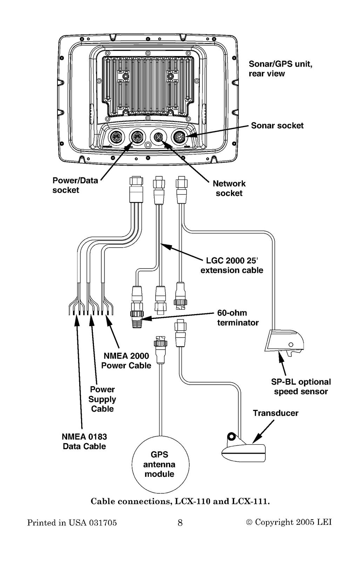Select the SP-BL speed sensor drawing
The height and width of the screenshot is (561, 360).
284,343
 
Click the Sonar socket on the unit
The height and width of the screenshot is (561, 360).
180,137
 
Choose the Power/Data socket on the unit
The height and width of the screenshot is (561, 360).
137,137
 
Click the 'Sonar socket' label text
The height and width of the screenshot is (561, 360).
277,126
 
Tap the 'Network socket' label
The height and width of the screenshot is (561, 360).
229,188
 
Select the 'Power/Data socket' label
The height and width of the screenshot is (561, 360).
75,185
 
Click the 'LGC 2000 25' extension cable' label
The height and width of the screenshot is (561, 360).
232,265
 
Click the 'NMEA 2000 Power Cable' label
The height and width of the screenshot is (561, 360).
126,360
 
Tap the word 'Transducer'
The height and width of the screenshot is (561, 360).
276,413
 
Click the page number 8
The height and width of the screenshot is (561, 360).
180,523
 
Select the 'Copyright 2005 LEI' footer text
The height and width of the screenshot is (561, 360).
289,522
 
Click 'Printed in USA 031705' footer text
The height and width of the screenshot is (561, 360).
72,523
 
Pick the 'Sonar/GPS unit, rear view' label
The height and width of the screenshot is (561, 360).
280,69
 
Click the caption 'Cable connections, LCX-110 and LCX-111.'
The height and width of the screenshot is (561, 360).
180,501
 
